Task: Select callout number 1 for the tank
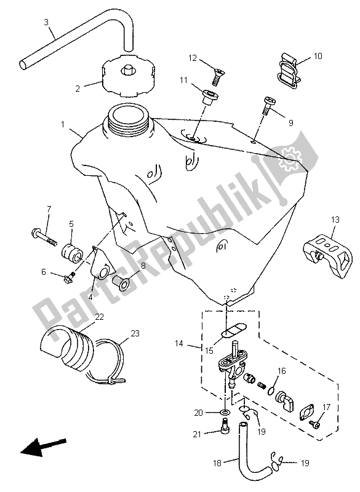63,124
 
